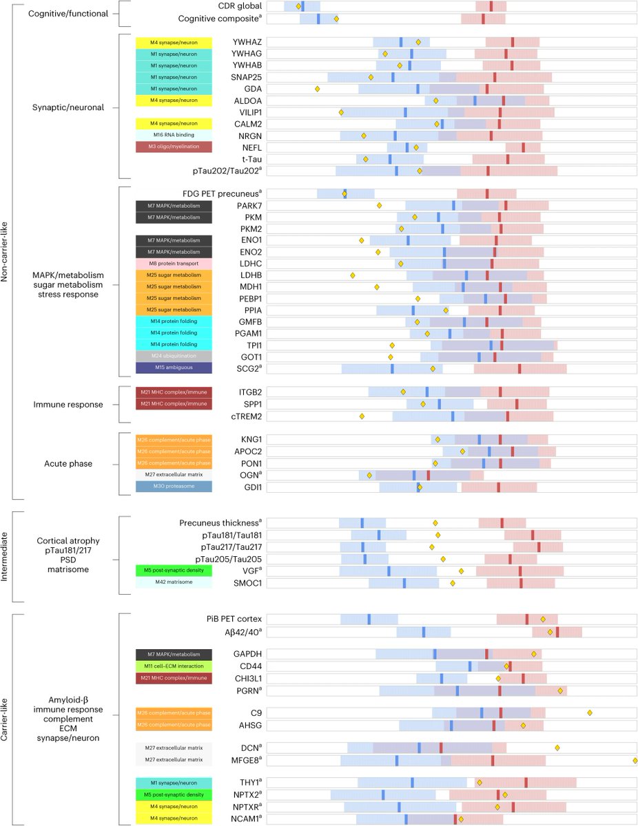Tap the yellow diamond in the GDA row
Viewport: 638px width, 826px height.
tap(318, 89)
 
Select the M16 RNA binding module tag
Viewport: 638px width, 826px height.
tap(174, 136)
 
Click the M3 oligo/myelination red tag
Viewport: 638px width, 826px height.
tap(174, 147)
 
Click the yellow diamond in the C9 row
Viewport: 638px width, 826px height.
tap(590, 712)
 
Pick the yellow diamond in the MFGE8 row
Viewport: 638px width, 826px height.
tap(635, 760)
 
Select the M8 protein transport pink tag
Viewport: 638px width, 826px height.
tap(174, 264)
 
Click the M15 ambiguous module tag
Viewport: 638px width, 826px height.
tap(174, 368)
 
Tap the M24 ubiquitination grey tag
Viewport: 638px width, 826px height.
tap(174, 356)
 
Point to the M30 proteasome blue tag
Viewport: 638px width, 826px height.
tap(174, 487)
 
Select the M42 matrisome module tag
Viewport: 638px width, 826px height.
tap(174, 582)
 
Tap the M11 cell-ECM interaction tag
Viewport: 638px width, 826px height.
tap(174, 666)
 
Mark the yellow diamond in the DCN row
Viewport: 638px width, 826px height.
tap(557, 748)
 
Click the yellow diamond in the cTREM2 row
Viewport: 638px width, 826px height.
tap(362, 416)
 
